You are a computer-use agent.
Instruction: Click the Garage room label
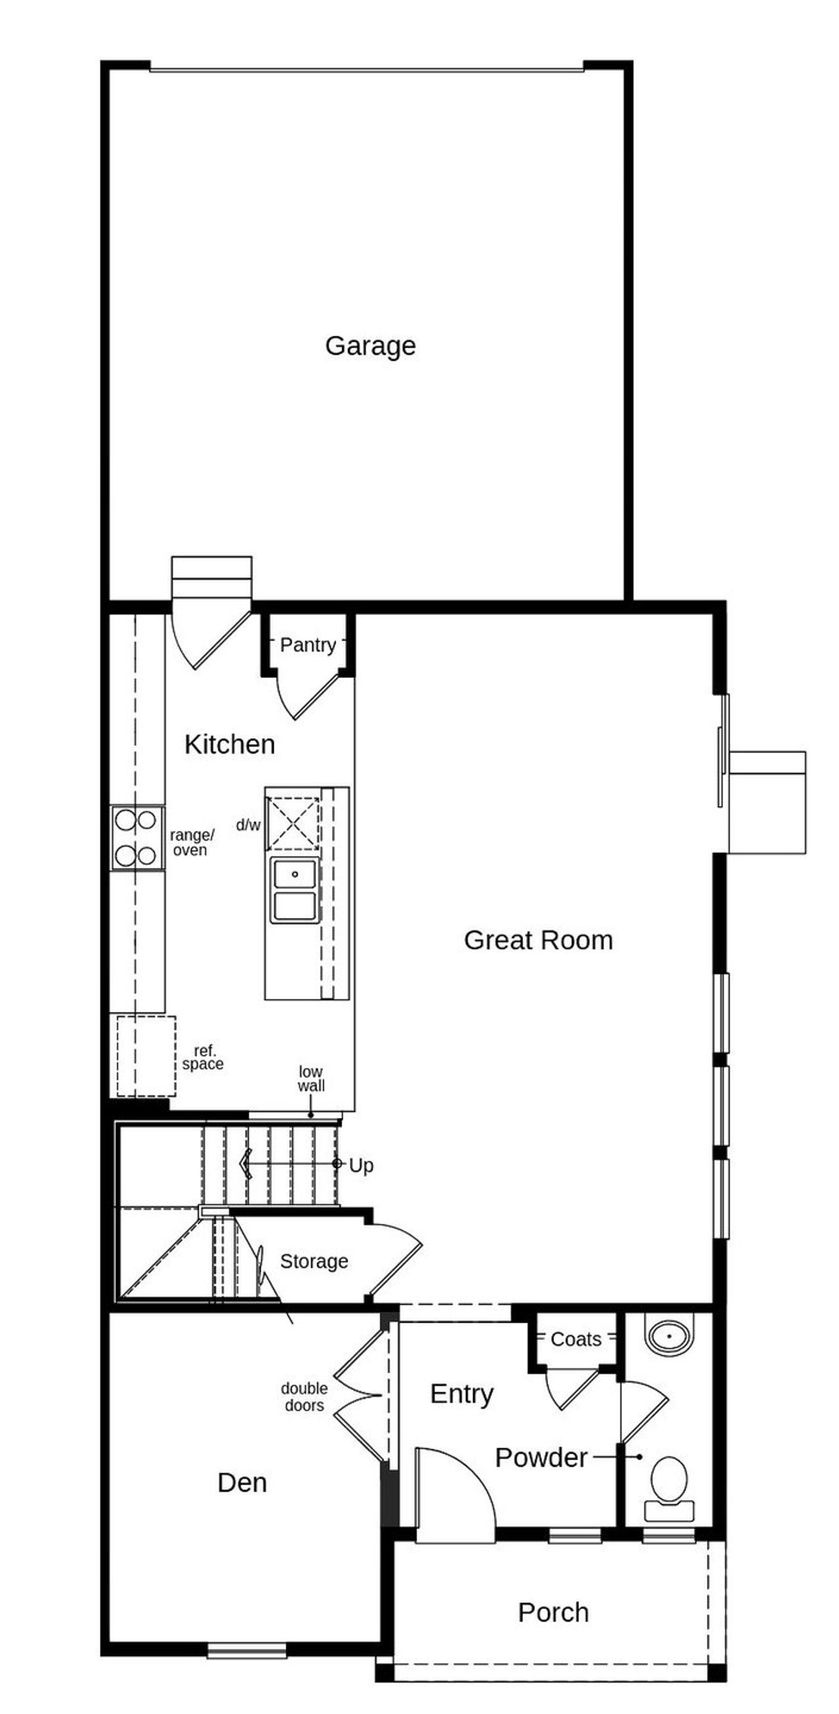coord(370,346)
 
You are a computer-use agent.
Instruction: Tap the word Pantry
coord(307,645)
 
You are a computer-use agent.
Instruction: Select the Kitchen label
coord(229,744)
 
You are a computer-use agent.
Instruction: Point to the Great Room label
coord(537,940)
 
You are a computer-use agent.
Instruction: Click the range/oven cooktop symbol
coord(136,838)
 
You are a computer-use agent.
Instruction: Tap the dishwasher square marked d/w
coord(294,824)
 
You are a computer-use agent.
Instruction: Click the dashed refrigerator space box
coord(146,1055)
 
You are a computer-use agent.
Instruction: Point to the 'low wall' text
coord(311,1079)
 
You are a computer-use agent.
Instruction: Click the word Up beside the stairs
coord(361,1166)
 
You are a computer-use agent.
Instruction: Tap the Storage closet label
coord(314,1262)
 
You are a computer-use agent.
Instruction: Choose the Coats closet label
coord(576,1340)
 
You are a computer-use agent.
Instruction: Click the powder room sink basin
coord(669,1336)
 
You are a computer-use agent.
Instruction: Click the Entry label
coord(461,1394)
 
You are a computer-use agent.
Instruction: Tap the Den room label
coord(242,1483)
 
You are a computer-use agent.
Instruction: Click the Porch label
coord(553,1613)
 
